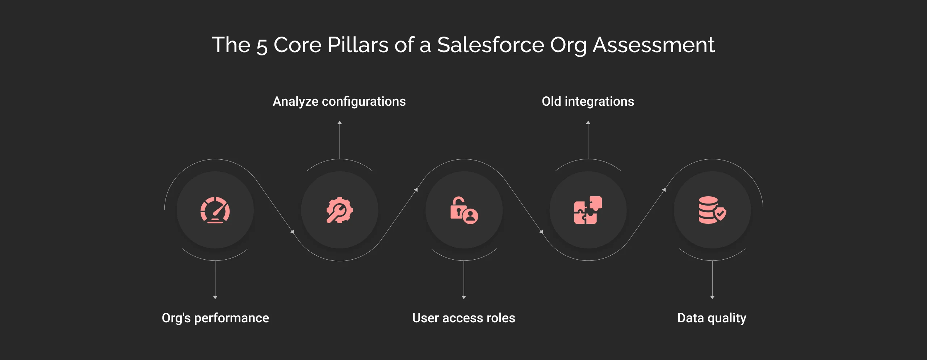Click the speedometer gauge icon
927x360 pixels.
tap(215, 210)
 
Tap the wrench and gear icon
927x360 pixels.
tap(339, 210)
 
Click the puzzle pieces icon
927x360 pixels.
tap(588, 210)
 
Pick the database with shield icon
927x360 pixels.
tap(712, 210)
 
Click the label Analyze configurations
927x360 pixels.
tap(339, 101)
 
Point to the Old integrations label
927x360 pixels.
tap(588, 101)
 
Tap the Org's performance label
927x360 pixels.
tap(215, 318)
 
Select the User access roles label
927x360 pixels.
tap(463, 318)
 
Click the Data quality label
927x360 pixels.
tap(712, 318)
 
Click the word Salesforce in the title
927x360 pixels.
tap(490, 45)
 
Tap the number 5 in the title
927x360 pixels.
tap(262, 46)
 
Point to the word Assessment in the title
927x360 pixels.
tap(653, 45)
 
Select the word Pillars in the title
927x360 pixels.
tap(358, 45)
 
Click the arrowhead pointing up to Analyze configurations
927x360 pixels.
tap(340, 123)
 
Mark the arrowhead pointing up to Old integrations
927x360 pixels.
tap(588, 123)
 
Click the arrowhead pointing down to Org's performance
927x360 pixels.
tap(215, 297)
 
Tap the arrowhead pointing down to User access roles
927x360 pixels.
tap(464, 297)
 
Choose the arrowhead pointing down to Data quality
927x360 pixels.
tap(712, 297)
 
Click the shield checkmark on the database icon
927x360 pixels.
tap(720, 214)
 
